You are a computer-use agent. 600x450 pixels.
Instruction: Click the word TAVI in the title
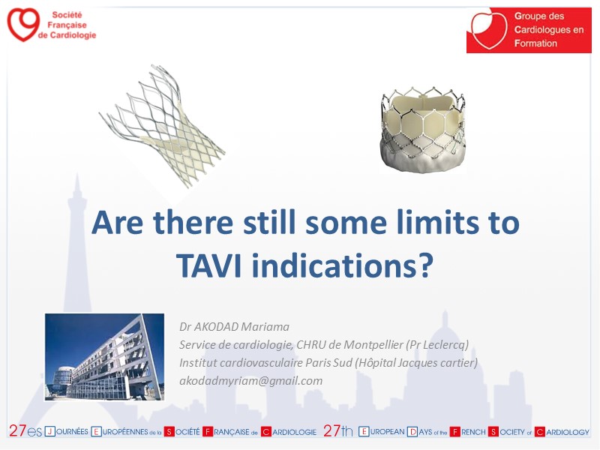tap(209, 265)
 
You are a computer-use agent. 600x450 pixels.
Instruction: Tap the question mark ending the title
tap(425, 265)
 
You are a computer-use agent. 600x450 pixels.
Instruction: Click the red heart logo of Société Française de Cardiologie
tap(23, 25)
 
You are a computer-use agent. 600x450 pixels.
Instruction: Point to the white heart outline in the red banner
tap(489, 30)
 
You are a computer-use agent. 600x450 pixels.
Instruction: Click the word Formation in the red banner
tap(535, 43)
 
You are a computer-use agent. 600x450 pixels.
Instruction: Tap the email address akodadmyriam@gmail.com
tap(251, 381)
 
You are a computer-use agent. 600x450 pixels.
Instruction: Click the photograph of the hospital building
tap(104, 357)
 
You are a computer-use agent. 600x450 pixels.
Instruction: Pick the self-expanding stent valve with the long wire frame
tap(163, 126)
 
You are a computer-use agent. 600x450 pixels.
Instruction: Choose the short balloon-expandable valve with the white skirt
tap(423, 130)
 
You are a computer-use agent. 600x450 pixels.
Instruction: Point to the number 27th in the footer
tap(338, 431)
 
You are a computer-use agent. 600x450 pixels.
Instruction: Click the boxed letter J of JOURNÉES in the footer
tap(50, 432)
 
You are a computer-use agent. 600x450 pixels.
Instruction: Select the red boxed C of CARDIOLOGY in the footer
tap(539, 432)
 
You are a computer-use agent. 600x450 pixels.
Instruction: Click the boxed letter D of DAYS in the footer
tap(412, 432)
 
